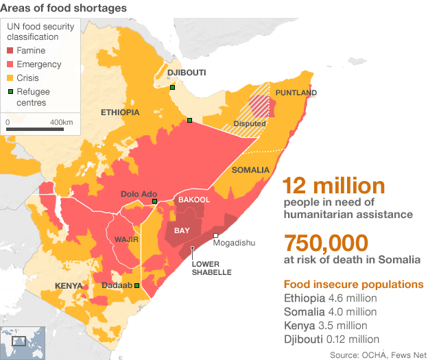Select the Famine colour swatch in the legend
pos(10,51)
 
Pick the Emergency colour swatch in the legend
pos(10,64)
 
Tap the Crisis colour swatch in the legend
pos(10,78)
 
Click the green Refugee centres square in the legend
pos(10,91)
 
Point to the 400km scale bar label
pos(62,122)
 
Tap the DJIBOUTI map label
pos(187,73)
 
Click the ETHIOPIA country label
pos(120,112)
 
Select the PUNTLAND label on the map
pos(296,93)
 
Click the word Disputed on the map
pos(249,124)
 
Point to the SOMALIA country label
pos(252,170)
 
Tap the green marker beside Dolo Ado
pos(154,202)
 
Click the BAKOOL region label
pos(193,200)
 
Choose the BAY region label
pos(182,230)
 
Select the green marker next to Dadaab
pos(136,285)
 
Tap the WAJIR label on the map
pos(127,240)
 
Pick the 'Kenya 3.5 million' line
pos(325,325)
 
